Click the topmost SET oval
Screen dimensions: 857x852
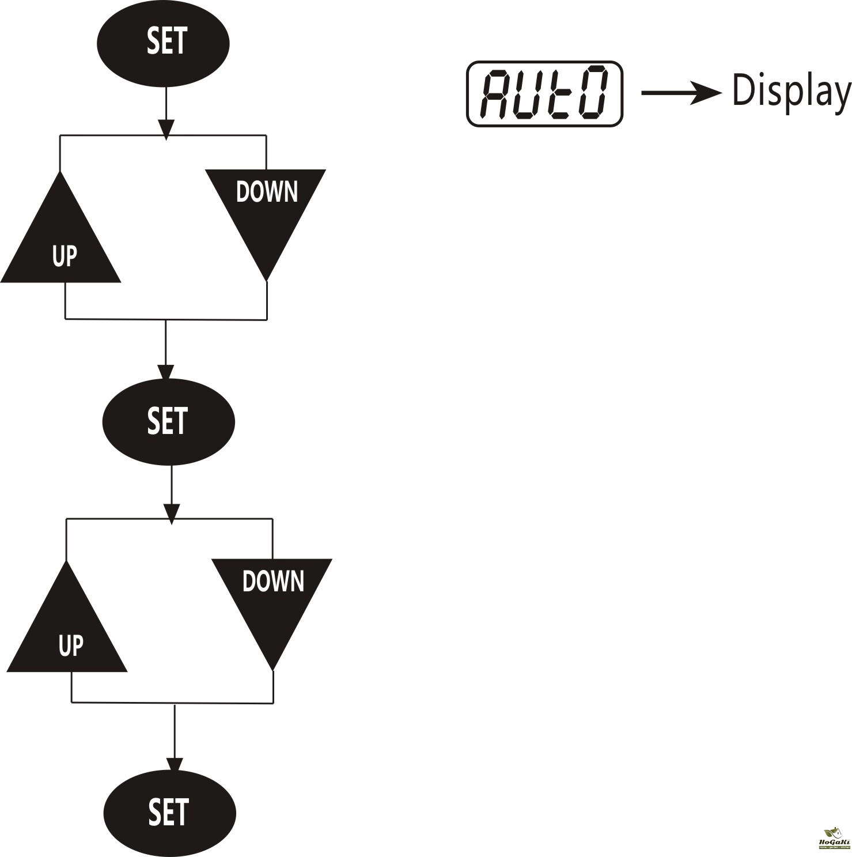[x=163, y=43]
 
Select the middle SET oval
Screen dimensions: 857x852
[x=168, y=422]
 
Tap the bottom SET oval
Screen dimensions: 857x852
[x=170, y=813]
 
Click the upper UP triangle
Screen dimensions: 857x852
[x=61, y=242]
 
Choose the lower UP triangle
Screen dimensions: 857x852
[x=67, y=631]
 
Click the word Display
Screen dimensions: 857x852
[x=790, y=91]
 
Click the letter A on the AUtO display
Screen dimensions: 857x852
[x=496, y=93]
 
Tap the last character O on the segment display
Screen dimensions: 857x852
[x=591, y=93]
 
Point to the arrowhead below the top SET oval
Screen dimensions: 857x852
[x=166, y=129]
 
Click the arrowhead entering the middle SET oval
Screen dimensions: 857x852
[x=165, y=372]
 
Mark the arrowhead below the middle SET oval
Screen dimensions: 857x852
[x=172, y=513]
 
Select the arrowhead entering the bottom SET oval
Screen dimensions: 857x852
[x=175, y=765]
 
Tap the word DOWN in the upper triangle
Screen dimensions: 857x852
[x=267, y=192]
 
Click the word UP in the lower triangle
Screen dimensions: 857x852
[x=70, y=646]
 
